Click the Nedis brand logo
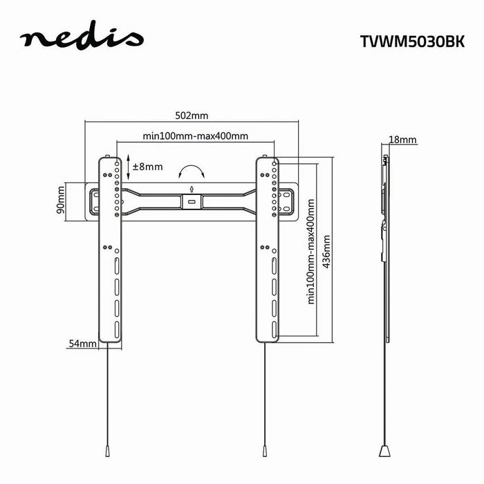tap(82, 38)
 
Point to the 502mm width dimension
tap(191, 115)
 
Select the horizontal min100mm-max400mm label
tap(196, 136)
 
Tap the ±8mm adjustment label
tap(147, 167)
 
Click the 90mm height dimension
tap(61, 200)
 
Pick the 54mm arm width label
tap(82, 343)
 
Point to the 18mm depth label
tap(402, 140)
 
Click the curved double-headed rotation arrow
tap(192, 171)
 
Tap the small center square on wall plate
tap(191, 201)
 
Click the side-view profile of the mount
tap(385, 207)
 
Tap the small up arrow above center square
tap(192, 188)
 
